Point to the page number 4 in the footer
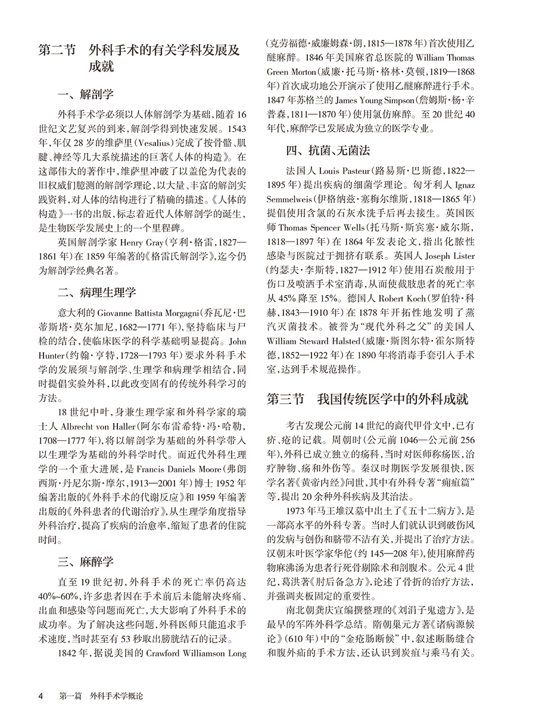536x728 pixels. coord(40,695)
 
